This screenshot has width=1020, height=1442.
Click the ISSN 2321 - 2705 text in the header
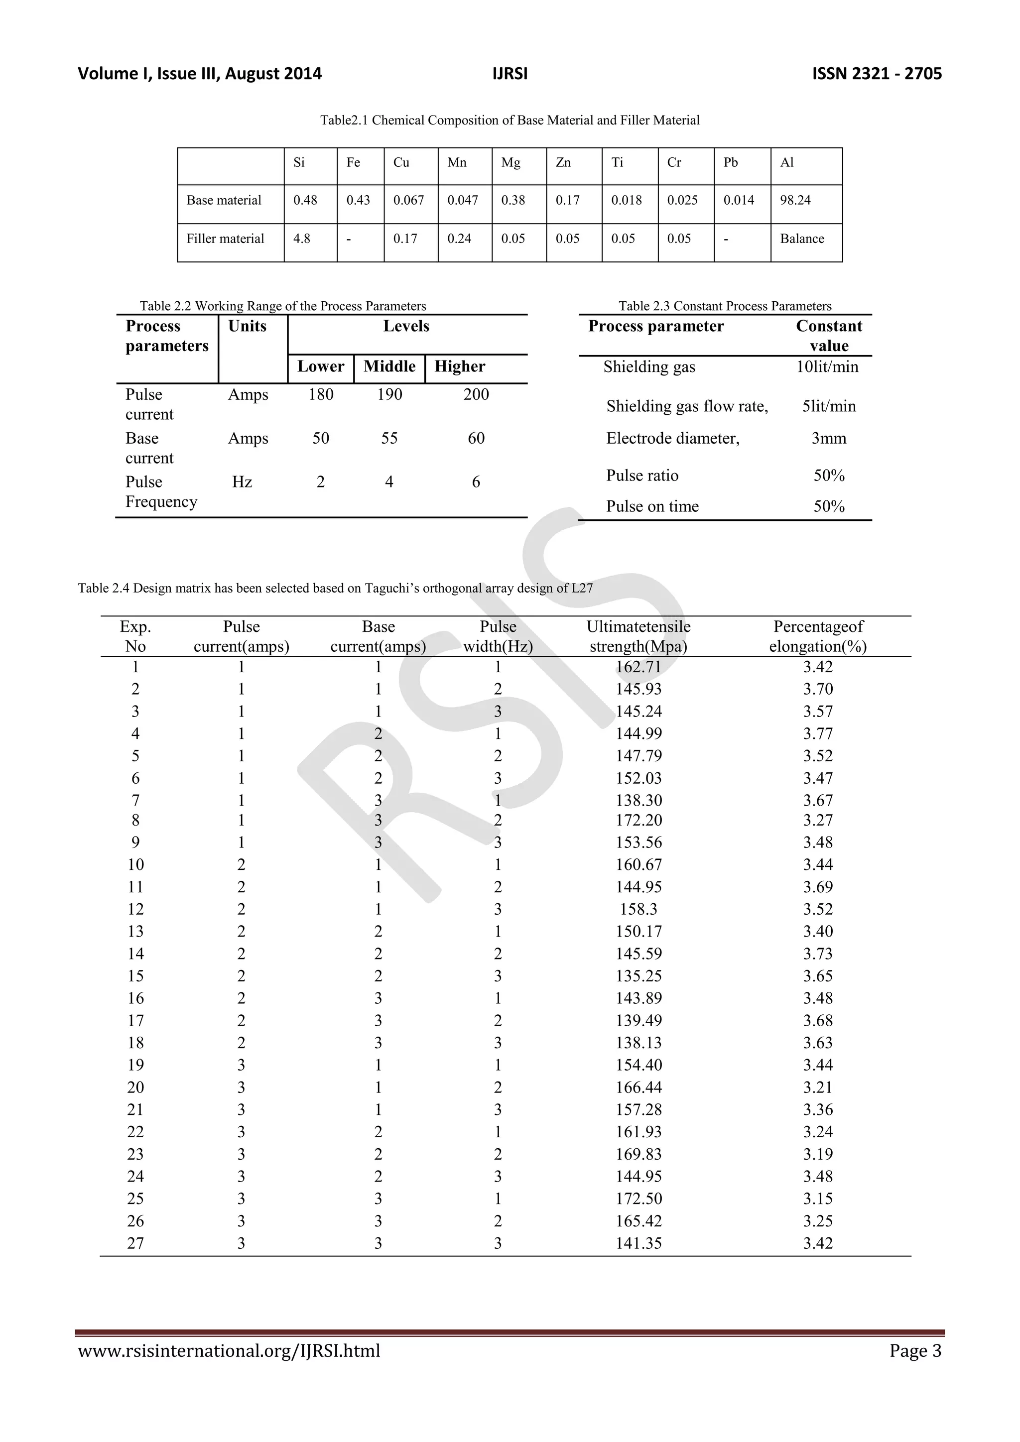[876, 74]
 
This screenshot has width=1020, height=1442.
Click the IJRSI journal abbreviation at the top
[510, 74]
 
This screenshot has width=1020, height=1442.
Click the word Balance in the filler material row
[801, 239]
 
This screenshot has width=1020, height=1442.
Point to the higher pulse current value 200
[476, 394]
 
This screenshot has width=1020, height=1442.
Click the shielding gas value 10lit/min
[827, 367]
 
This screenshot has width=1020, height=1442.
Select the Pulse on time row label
[652, 506]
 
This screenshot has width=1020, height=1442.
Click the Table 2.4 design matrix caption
[335, 589]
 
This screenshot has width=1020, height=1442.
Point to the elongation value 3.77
[817, 733]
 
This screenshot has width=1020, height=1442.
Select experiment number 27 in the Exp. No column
[135, 1243]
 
